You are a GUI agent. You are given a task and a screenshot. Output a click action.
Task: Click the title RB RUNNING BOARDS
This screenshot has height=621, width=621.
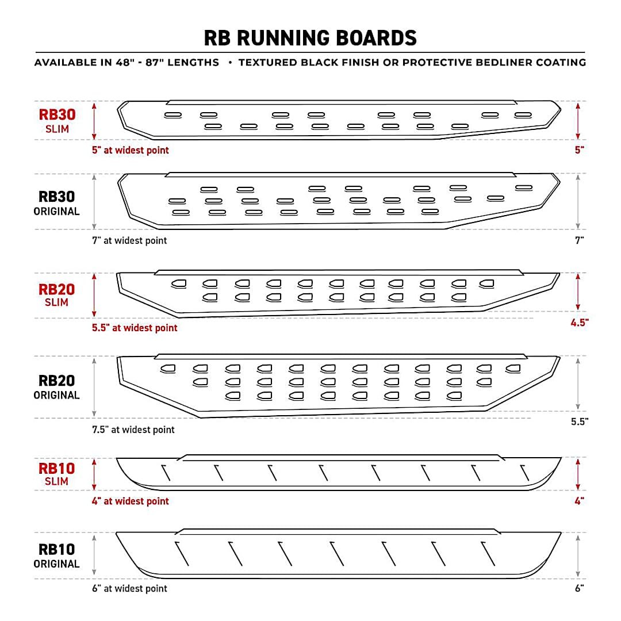[310, 38]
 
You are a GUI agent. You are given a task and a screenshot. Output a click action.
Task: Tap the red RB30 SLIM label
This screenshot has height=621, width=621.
[57, 120]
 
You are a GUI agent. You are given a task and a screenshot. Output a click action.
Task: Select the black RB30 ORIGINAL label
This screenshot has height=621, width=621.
[57, 203]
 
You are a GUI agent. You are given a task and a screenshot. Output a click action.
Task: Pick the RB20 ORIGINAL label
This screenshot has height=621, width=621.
[57, 386]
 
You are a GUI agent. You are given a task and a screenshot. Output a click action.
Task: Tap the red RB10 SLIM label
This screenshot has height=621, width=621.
[57, 473]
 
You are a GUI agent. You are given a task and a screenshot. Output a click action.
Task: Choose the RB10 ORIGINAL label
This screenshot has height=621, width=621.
[57, 555]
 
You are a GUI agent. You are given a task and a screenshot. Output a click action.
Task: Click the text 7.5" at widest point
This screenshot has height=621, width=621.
[133, 430]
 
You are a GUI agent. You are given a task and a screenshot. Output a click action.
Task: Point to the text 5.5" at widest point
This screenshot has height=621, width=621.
[135, 328]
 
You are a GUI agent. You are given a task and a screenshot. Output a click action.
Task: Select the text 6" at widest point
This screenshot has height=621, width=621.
[129, 588]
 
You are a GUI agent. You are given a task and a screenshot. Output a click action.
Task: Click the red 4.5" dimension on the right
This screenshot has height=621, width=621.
[578, 323]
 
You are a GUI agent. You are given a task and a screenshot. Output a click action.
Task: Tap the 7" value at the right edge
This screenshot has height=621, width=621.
[579, 240]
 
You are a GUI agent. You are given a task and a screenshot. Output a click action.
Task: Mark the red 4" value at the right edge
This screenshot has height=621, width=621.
[579, 501]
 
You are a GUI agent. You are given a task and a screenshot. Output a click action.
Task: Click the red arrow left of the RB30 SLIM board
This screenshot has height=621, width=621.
[94, 121]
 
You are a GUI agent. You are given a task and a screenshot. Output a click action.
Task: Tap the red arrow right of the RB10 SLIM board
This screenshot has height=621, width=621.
[578, 474]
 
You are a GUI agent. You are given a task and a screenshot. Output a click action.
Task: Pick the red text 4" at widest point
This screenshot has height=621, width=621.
[131, 501]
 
